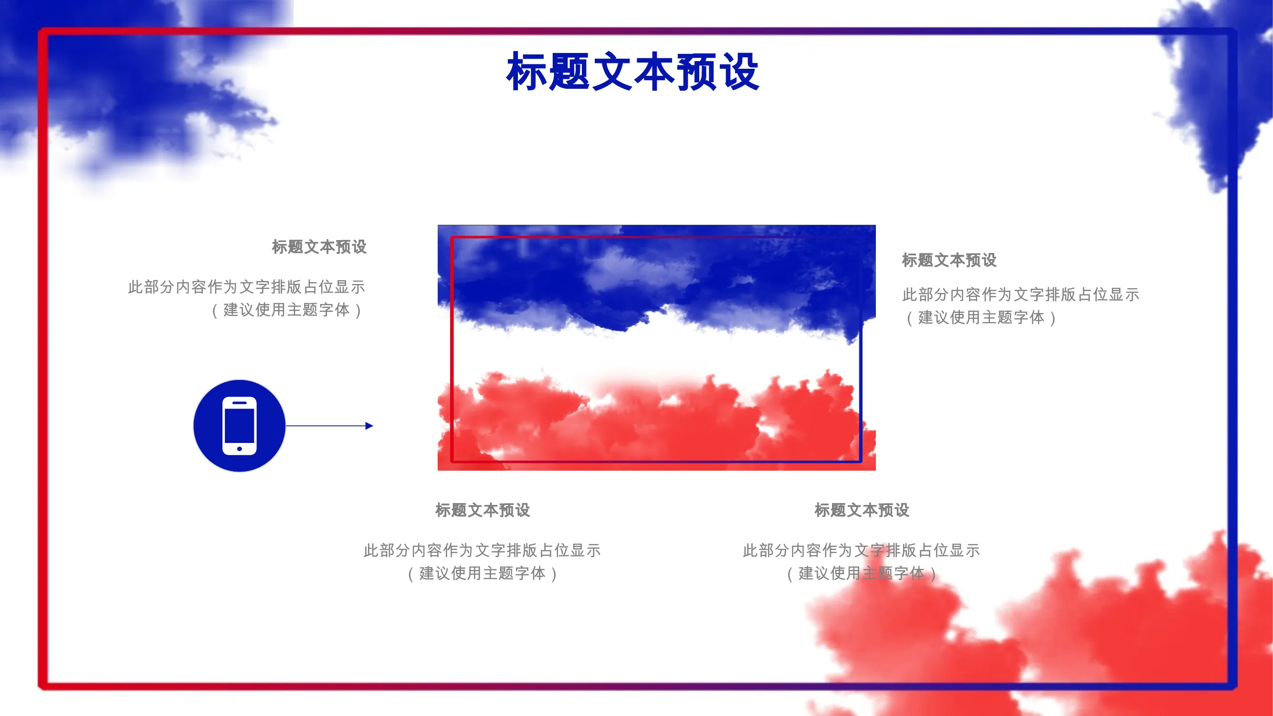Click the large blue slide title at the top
(x=632, y=72)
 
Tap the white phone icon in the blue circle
(x=240, y=425)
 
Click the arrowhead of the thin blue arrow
(x=369, y=425)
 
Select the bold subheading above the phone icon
(x=319, y=247)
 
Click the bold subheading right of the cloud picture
(x=949, y=260)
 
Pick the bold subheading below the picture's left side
(x=483, y=510)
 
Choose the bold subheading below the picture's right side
(x=862, y=510)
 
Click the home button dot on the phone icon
(x=240, y=449)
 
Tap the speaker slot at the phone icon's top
(x=240, y=403)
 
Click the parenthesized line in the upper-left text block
(x=286, y=310)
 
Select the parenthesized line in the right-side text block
(x=981, y=318)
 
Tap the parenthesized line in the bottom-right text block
(x=862, y=574)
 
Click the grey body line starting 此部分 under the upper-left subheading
(x=247, y=287)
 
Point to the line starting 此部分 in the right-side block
(x=1021, y=295)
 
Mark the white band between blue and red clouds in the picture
(x=656, y=351)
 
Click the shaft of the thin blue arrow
(x=326, y=425)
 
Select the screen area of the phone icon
(x=240, y=425)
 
